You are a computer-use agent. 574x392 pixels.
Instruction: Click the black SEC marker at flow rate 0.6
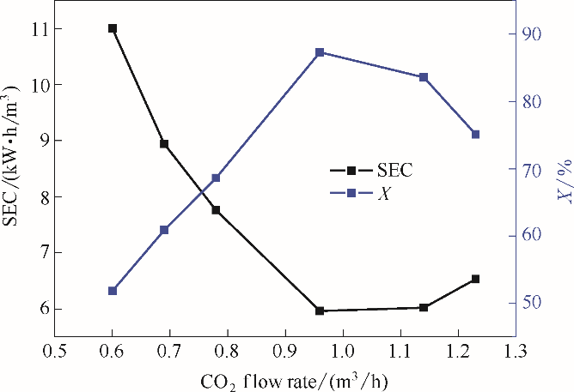tap(113, 28)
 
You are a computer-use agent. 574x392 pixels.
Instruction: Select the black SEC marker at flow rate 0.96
tap(320, 311)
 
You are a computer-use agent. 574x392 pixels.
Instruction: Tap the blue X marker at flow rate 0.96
tap(320, 52)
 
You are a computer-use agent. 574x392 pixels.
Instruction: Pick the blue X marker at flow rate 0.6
tap(113, 291)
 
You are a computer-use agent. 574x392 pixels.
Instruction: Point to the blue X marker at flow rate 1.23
tap(475, 134)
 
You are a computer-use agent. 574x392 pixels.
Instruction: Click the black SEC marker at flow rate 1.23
tap(475, 279)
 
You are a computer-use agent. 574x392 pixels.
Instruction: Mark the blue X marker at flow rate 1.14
tap(424, 77)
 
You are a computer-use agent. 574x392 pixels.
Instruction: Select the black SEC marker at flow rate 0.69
tap(164, 144)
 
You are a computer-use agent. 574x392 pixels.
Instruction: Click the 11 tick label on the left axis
tap(39, 28)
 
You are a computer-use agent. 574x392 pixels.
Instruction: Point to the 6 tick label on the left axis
tap(42, 309)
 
